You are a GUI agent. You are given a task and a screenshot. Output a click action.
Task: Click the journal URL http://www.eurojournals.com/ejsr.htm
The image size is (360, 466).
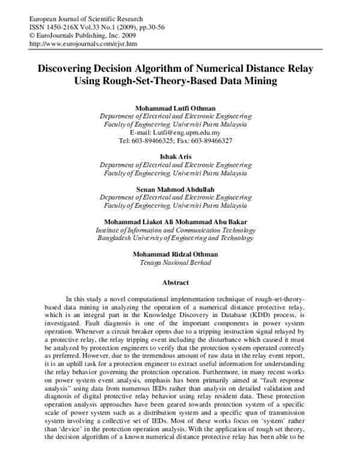(x=83, y=44)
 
